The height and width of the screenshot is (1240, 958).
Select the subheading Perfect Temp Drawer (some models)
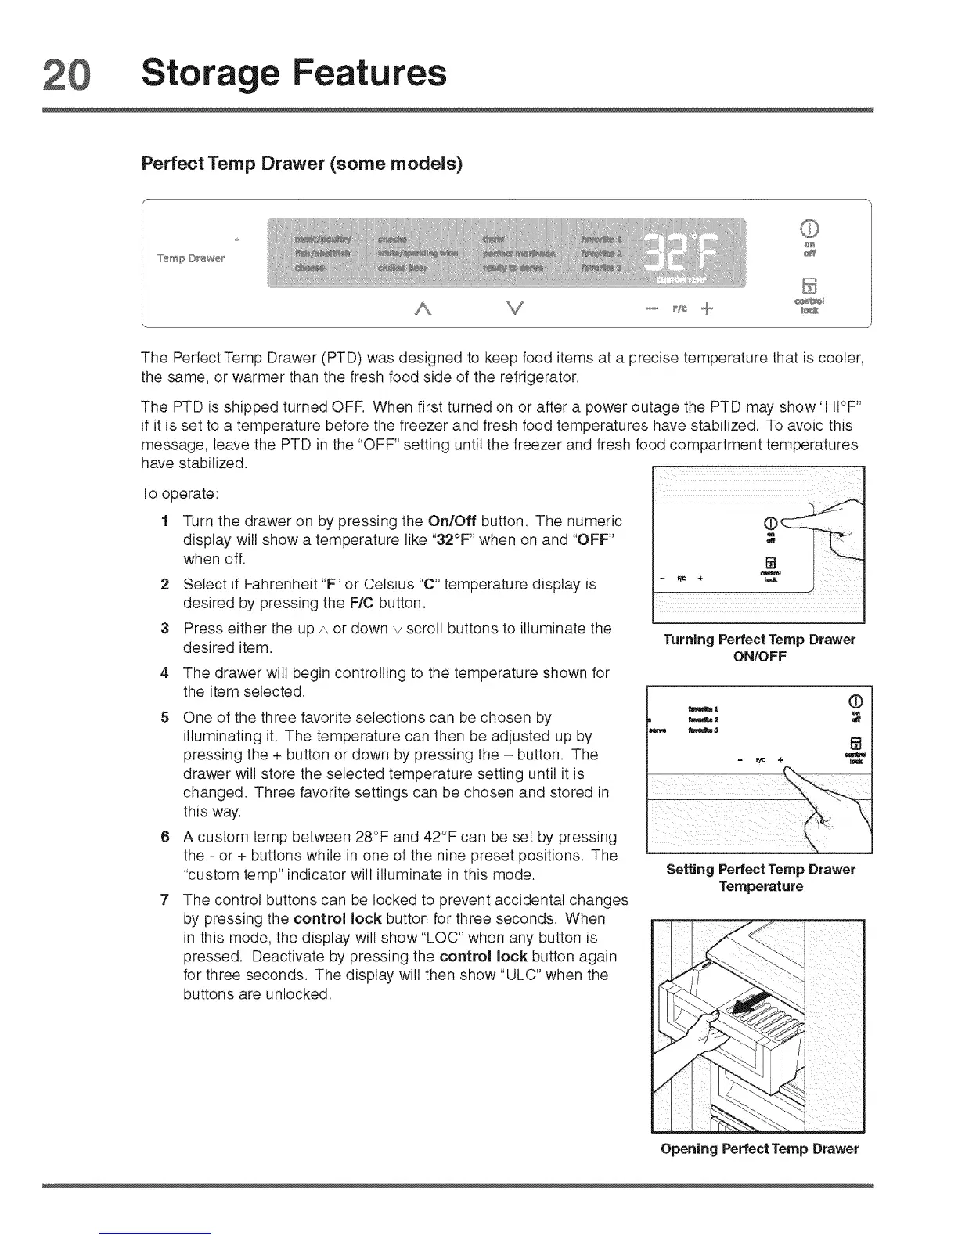(x=301, y=164)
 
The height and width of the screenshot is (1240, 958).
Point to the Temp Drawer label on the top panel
(x=191, y=258)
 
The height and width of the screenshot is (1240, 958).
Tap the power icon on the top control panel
(x=810, y=229)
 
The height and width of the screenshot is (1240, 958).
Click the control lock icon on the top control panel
(x=810, y=284)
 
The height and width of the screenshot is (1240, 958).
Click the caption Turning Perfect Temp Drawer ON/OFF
(x=758, y=647)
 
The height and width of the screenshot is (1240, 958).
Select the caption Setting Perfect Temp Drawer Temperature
(x=760, y=878)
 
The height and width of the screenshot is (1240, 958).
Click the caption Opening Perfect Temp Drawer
(x=759, y=1148)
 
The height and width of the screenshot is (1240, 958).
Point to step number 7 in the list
(x=165, y=899)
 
